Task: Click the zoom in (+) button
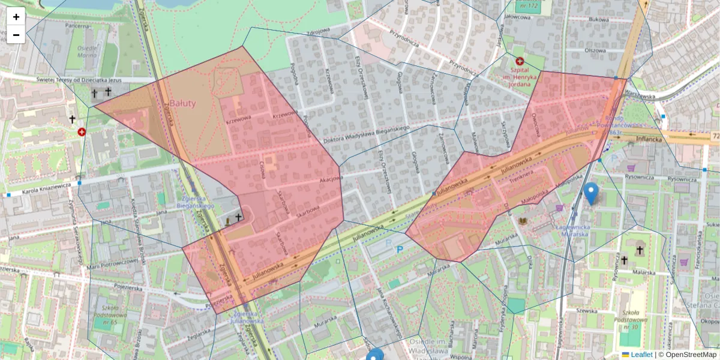[16, 17]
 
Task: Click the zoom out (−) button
[16, 35]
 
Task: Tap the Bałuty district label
[183, 103]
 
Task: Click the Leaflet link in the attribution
[641, 355]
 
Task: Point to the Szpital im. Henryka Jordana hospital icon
[520, 61]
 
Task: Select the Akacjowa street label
[331, 178]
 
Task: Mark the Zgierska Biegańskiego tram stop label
[196, 202]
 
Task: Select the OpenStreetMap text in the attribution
[691, 355]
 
